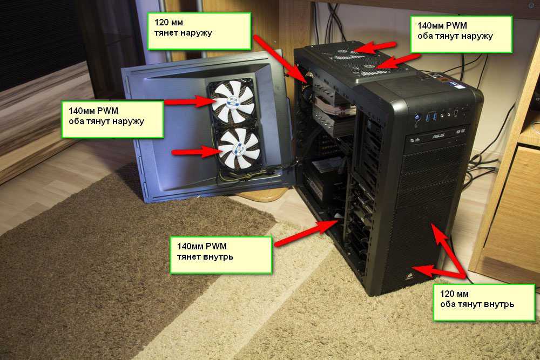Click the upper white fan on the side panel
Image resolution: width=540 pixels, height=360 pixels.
tap(232, 102)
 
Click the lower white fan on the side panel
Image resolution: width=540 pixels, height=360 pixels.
tap(239, 148)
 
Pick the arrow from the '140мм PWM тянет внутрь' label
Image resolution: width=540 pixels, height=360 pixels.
tap(305, 233)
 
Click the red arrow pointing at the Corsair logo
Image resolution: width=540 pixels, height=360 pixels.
tap(438, 272)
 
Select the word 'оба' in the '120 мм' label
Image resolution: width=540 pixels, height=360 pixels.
tap(447, 304)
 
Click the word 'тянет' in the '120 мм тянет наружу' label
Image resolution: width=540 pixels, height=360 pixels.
tap(166, 33)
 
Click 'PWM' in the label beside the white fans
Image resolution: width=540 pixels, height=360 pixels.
tap(107, 111)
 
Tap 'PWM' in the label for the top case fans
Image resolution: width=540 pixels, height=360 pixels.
tap(456, 25)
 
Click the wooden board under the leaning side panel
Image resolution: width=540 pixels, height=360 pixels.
tap(262, 196)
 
